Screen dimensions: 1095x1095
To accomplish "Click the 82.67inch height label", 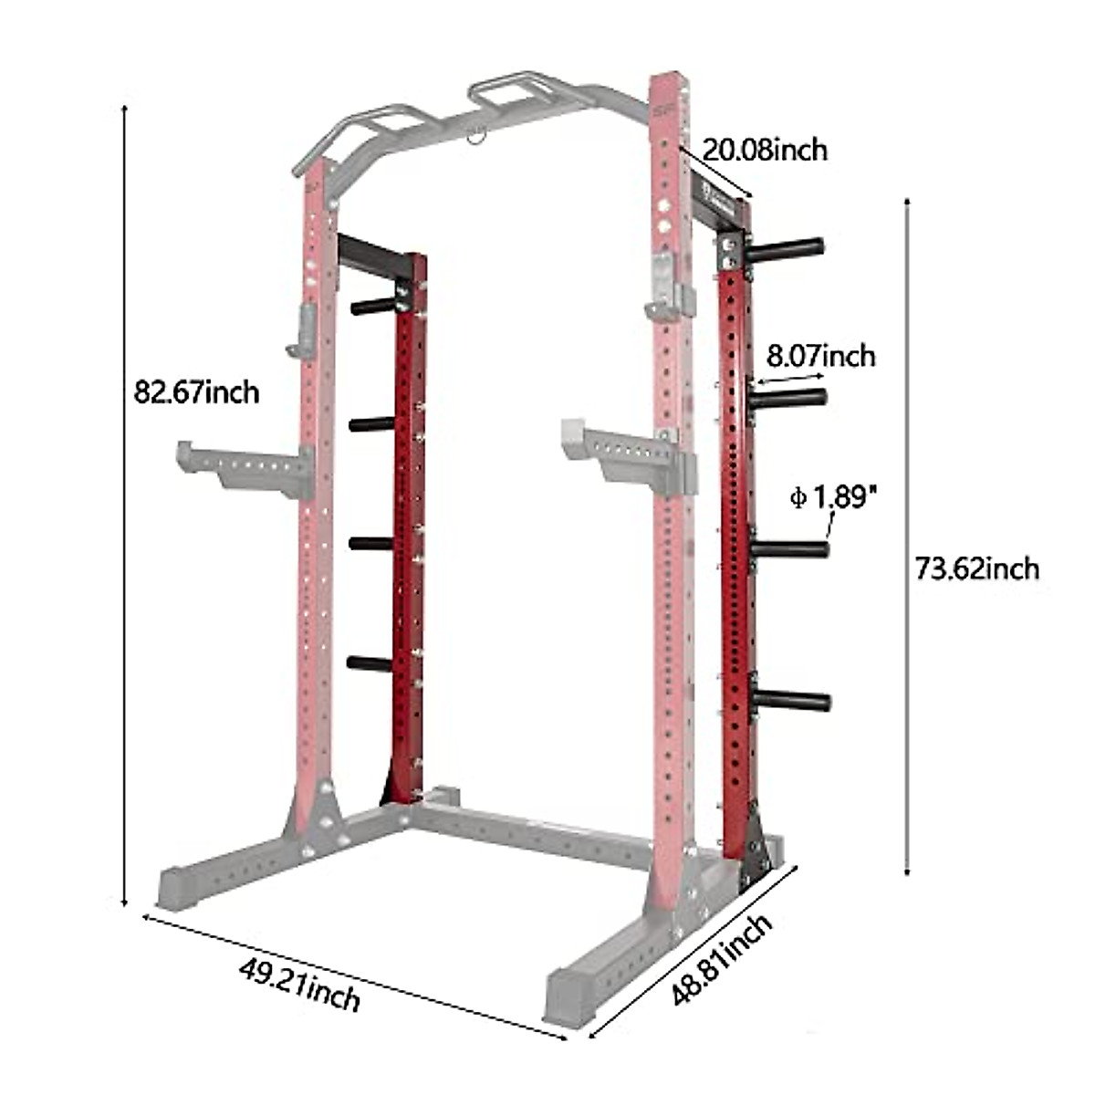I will point(196,392).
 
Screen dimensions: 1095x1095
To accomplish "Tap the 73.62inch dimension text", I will point(976,568).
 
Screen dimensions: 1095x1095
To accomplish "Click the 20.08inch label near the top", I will point(765,148).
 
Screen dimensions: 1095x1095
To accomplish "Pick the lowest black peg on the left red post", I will point(370,662).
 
